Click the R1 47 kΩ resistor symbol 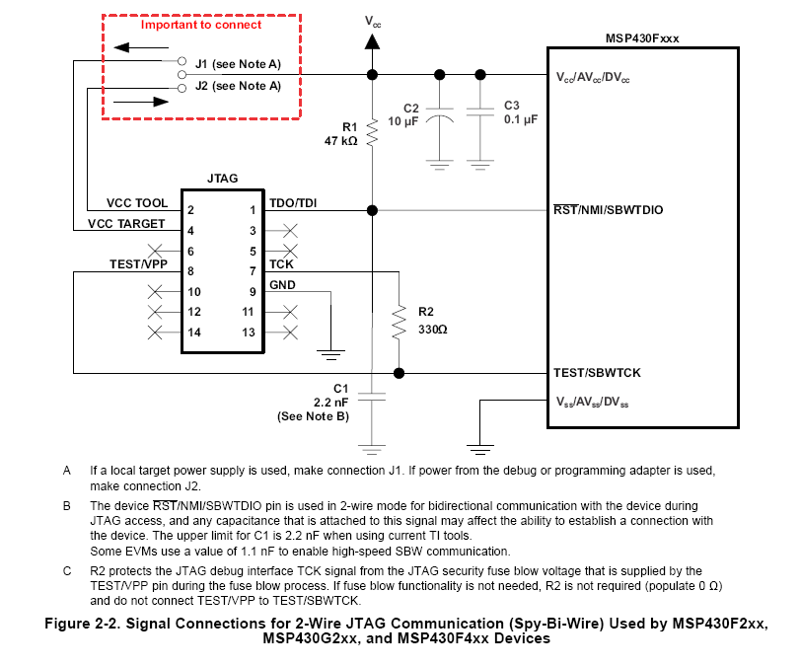pos(372,132)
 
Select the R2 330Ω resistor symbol pos(399,323)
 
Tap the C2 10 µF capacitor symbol pos(439,114)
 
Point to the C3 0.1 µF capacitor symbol pos(480,111)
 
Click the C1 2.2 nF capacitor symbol pos(372,397)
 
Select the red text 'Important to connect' pos(201,25)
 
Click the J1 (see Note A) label pos(238,64)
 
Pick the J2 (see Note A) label pos(238,86)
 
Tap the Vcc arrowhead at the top pos(373,41)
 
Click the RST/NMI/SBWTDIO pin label pos(609,210)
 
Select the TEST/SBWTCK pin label pos(597,373)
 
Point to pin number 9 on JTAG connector pos(253,292)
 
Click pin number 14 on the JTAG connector pos(194,333)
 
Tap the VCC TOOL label pos(137,203)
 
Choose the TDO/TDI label pos(293,203)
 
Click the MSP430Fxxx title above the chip pos(642,38)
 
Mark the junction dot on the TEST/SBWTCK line pos(399,373)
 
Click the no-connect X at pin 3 pos(290,231)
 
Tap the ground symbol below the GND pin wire pos(330,355)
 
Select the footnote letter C pos(67,570)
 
